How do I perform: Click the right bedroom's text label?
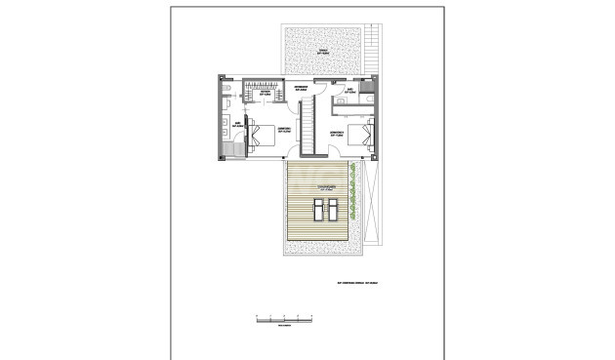[x=337, y=132]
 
